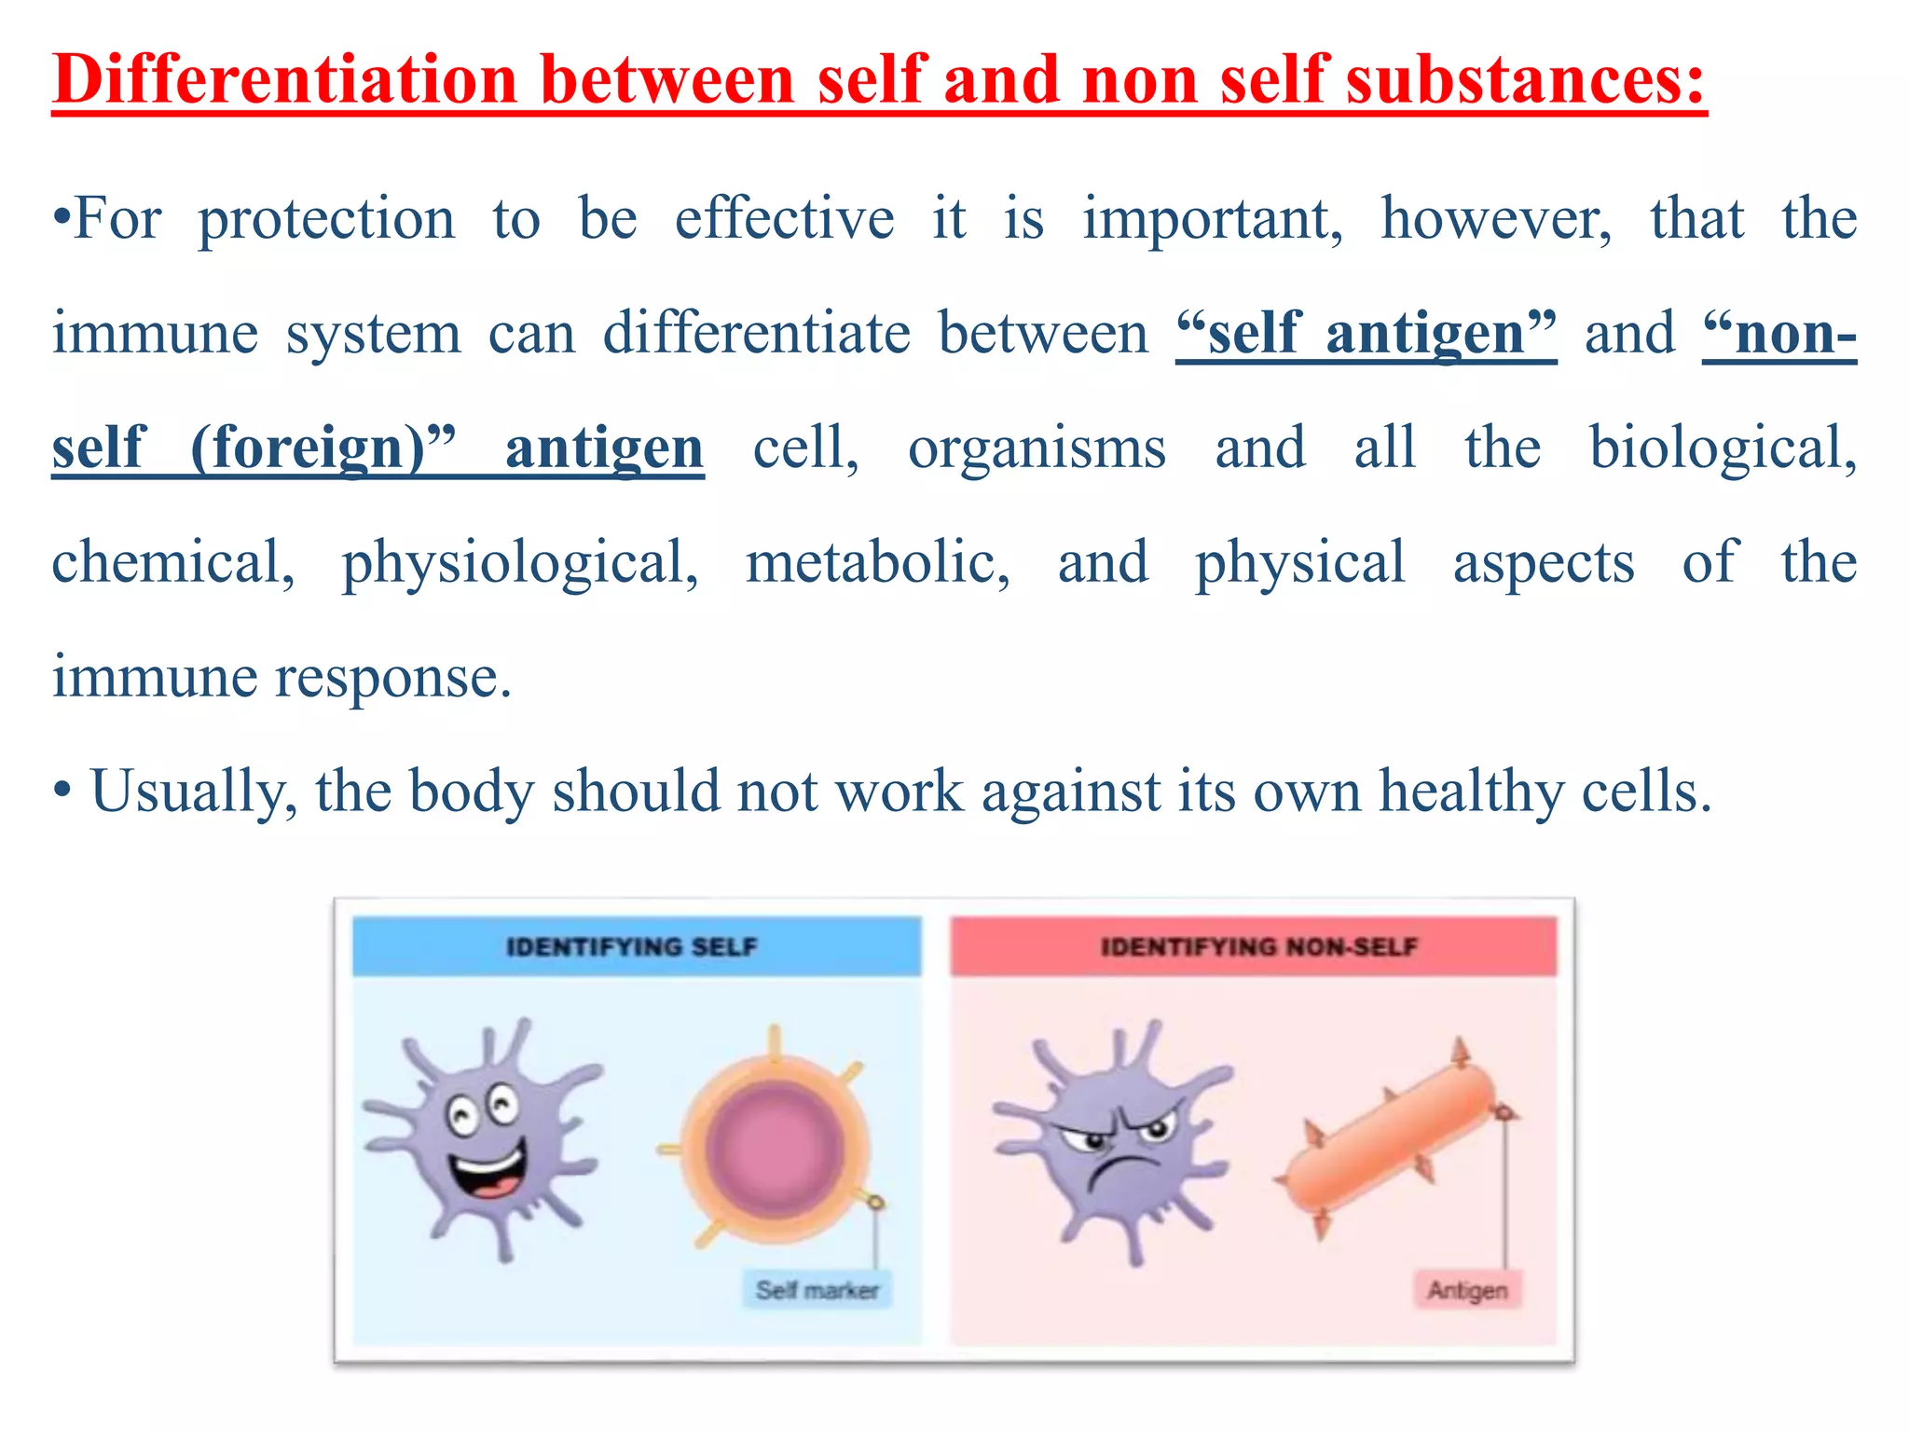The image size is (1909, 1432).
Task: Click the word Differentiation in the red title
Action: [284, 79]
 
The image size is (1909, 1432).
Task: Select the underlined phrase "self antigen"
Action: [1366, 334]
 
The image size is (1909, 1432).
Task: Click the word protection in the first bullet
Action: [326, 220]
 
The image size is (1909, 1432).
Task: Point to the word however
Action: [1495, 220]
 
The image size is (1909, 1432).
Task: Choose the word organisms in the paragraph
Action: [1037, 448]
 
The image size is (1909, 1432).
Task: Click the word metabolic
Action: [877, 563]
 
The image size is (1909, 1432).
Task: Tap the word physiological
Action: [519, 563]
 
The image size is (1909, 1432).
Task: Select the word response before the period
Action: [391, 678]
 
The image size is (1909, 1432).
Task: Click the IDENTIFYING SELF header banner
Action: [636, 946]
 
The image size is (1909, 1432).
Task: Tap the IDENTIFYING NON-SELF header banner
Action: [1254, 946]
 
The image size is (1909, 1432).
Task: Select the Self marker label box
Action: [817, 1290]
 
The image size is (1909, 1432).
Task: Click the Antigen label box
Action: [1467, 1290]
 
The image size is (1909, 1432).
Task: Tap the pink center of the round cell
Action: [773, 1150]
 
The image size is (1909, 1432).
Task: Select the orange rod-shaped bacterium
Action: [1389, 1151]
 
